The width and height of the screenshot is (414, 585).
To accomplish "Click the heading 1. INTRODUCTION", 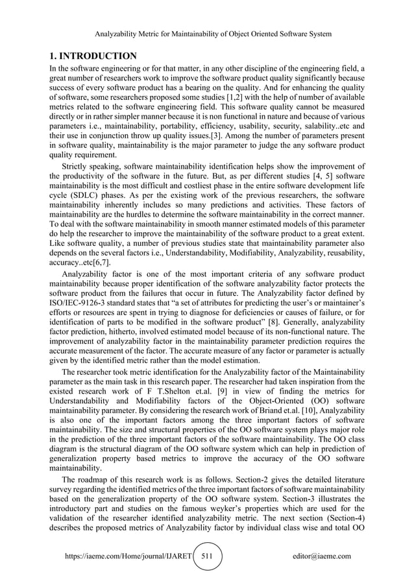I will point(93,56).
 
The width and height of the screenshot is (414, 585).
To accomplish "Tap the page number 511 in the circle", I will point(207,556).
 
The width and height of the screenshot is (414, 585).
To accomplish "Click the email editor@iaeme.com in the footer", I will point(322,556).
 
